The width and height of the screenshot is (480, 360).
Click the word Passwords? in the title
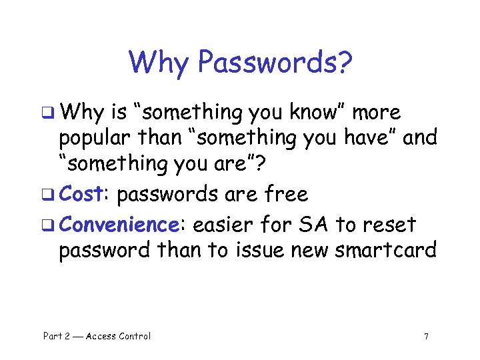tap(275, 63)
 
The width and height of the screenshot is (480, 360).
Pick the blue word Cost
tap(80, 194)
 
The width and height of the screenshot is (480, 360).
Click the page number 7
tap(426, 337)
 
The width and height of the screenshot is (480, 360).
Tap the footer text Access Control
tap(119, 336)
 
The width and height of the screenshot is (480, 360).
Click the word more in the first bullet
tap(376, 113)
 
